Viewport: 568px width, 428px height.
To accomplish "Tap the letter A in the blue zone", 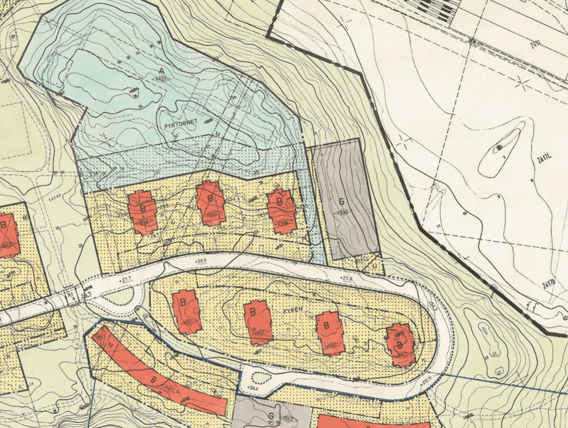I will click(162, 69).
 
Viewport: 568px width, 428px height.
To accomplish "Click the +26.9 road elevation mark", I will click(202, 261).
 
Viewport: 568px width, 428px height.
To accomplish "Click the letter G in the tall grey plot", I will click(341, 202).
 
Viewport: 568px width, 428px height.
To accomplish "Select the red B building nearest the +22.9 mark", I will click(400, 344).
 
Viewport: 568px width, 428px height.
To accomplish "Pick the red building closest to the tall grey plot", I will click(282, 210).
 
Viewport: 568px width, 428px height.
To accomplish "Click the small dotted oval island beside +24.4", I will click(261, 377).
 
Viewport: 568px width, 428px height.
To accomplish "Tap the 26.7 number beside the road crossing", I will click(85, 296).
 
